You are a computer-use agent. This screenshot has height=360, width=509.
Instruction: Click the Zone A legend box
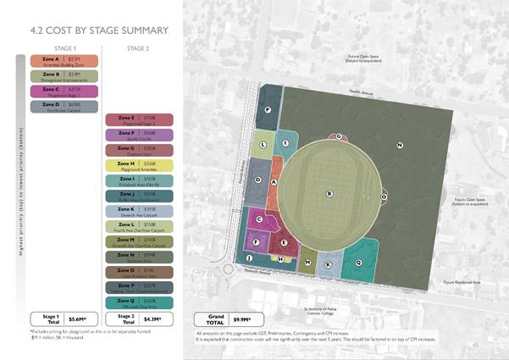pyautogui.click(x=64, y=61)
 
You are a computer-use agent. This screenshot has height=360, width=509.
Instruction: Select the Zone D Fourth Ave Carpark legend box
pyautogui.click(x=64, y=107)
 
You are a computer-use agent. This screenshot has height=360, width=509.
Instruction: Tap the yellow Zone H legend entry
pyautogui.click(x=139, y=165)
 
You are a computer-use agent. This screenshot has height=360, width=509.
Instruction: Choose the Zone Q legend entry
pyautogui.click(x=139, y=302)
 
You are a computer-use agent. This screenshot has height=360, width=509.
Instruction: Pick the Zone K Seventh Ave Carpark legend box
pyautogui.click(x=139, y=211)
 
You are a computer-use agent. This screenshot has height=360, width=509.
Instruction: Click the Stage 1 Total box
pyautogui.click(x=64, y=318)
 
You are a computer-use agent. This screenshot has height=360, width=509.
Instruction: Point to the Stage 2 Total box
pyautogui.click(x=139, y=318)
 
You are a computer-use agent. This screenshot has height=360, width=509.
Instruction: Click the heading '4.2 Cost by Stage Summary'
pyautogui.click(x=99, y=30)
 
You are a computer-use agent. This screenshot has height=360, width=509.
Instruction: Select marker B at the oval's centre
pyautogui.click(x=329, y=194)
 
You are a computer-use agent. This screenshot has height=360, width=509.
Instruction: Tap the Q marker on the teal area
pyautogui.click(x=358, y=263)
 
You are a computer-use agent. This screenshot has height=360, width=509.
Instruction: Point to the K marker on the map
pyautogui.click(x=329, y=265)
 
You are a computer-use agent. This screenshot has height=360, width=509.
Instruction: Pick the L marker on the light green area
pyautogui.click(x=263, y=145)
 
